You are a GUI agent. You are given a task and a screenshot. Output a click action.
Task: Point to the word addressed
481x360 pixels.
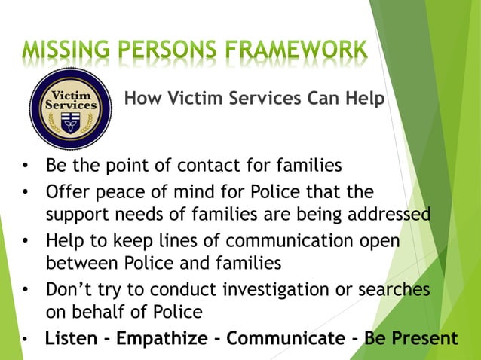point(388,215)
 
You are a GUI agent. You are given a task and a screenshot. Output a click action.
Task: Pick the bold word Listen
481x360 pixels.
point(71,338)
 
